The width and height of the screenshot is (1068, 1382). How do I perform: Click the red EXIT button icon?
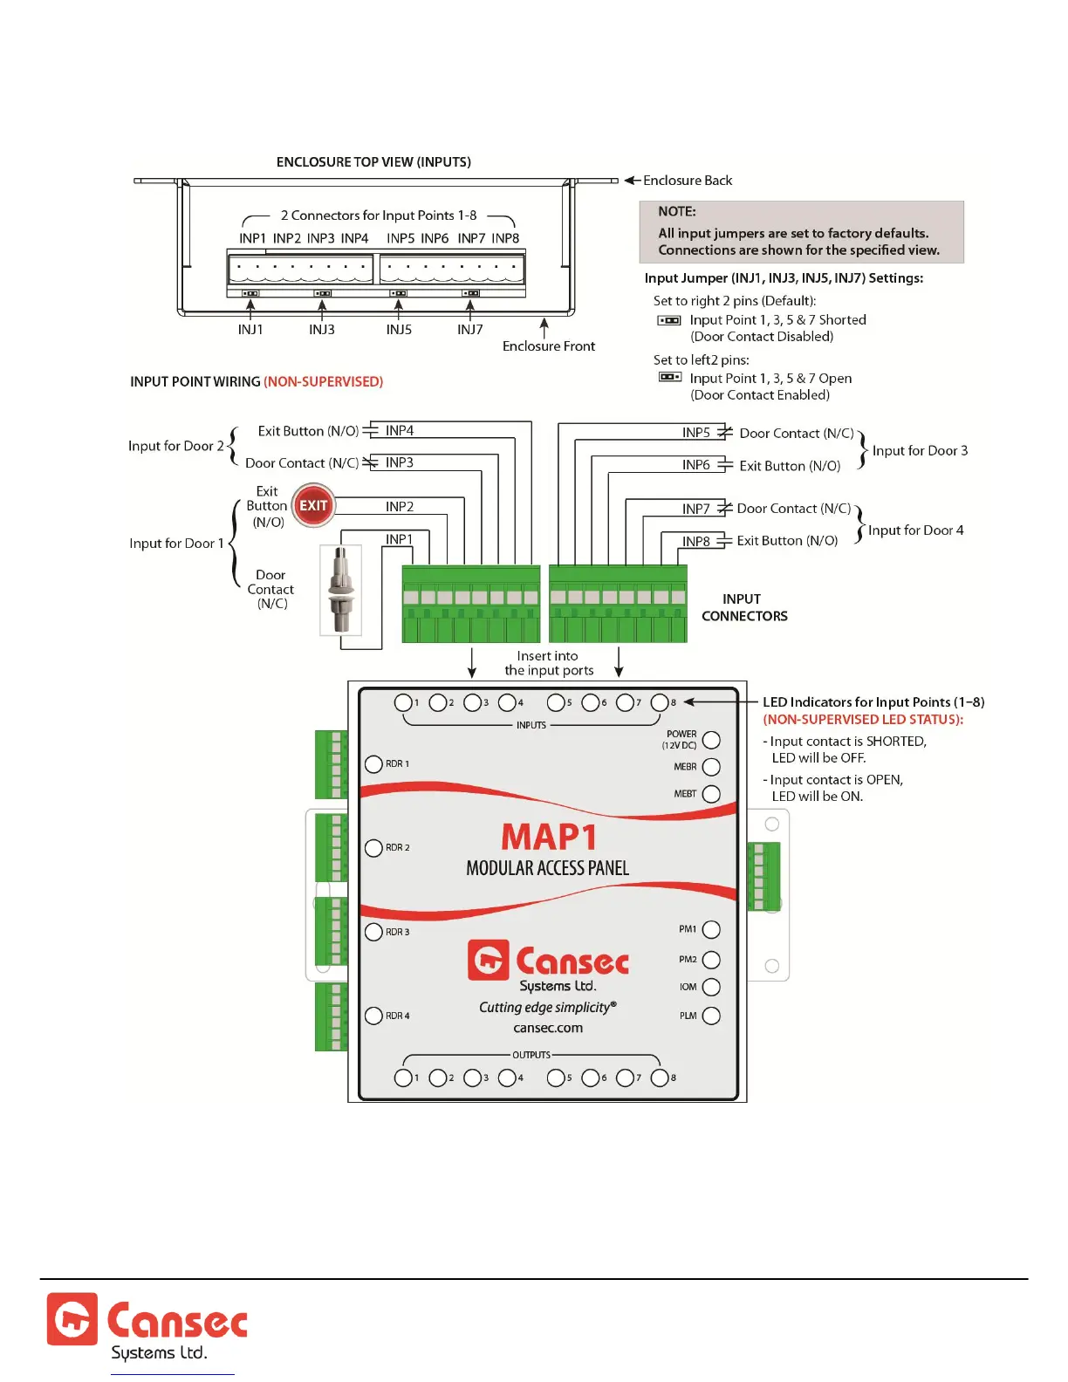(313, 505)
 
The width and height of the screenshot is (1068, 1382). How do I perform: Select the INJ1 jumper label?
(250, 330)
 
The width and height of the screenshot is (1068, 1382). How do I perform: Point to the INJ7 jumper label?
(470, 330)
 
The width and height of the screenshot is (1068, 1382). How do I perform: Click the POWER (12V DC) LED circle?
(711, 740)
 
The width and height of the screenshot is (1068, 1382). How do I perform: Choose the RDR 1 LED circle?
(373, 763)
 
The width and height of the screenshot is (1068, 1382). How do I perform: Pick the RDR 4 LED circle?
(373, 1016)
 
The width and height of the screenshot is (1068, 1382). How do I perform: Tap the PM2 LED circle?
(711, 960)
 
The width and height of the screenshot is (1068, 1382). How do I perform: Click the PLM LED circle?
(711, 1016)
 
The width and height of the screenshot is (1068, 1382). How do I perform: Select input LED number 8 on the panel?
(660, 702)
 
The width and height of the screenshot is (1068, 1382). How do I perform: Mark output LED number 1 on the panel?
(403, 1078)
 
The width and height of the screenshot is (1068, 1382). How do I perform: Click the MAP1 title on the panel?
(549, 838)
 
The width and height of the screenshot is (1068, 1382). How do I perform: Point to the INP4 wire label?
(400, 431)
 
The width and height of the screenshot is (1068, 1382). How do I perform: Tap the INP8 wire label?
(696, 542)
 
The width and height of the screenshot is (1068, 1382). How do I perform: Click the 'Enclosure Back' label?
(688, 181)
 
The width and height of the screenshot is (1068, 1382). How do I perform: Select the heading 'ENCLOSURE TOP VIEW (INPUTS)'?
(373, 162)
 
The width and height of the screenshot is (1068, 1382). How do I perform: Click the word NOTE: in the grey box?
(677, 212)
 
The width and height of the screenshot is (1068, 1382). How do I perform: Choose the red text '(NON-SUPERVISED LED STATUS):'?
(863, 720)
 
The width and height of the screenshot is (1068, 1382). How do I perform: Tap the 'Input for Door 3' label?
(920, 451)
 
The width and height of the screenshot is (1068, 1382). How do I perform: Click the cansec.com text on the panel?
(548, 1028)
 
